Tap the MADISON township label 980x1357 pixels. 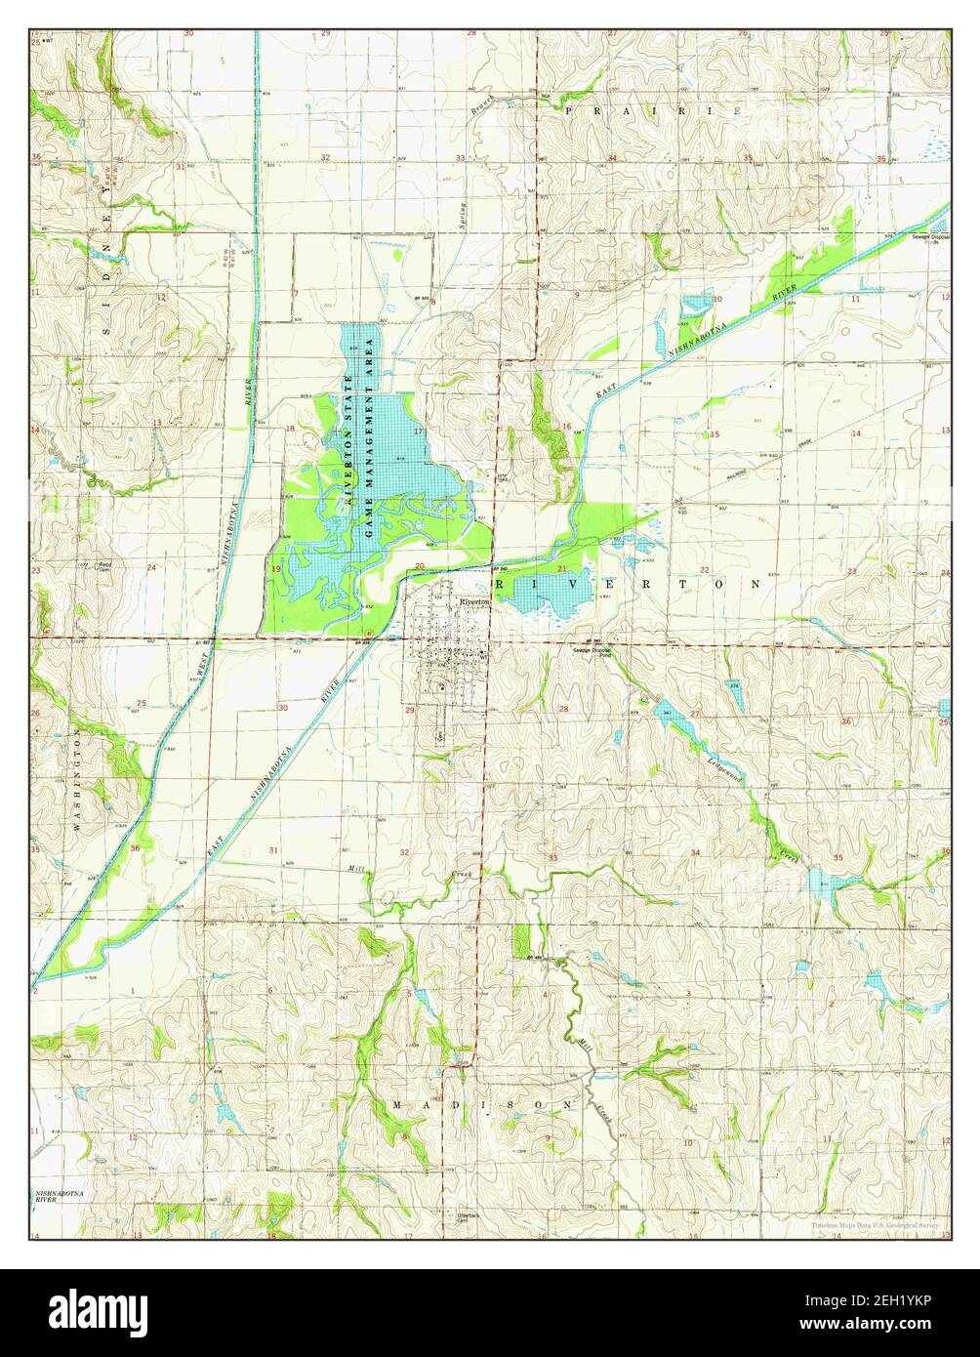pyautogui.click(x=484, y=1103)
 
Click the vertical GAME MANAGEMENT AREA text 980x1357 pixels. pyautogui.click(x=370, y=437)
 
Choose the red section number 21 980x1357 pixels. pyautogui.click(x=561, y=568)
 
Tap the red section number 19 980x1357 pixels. pyautogui.click(x=276, y=569)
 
